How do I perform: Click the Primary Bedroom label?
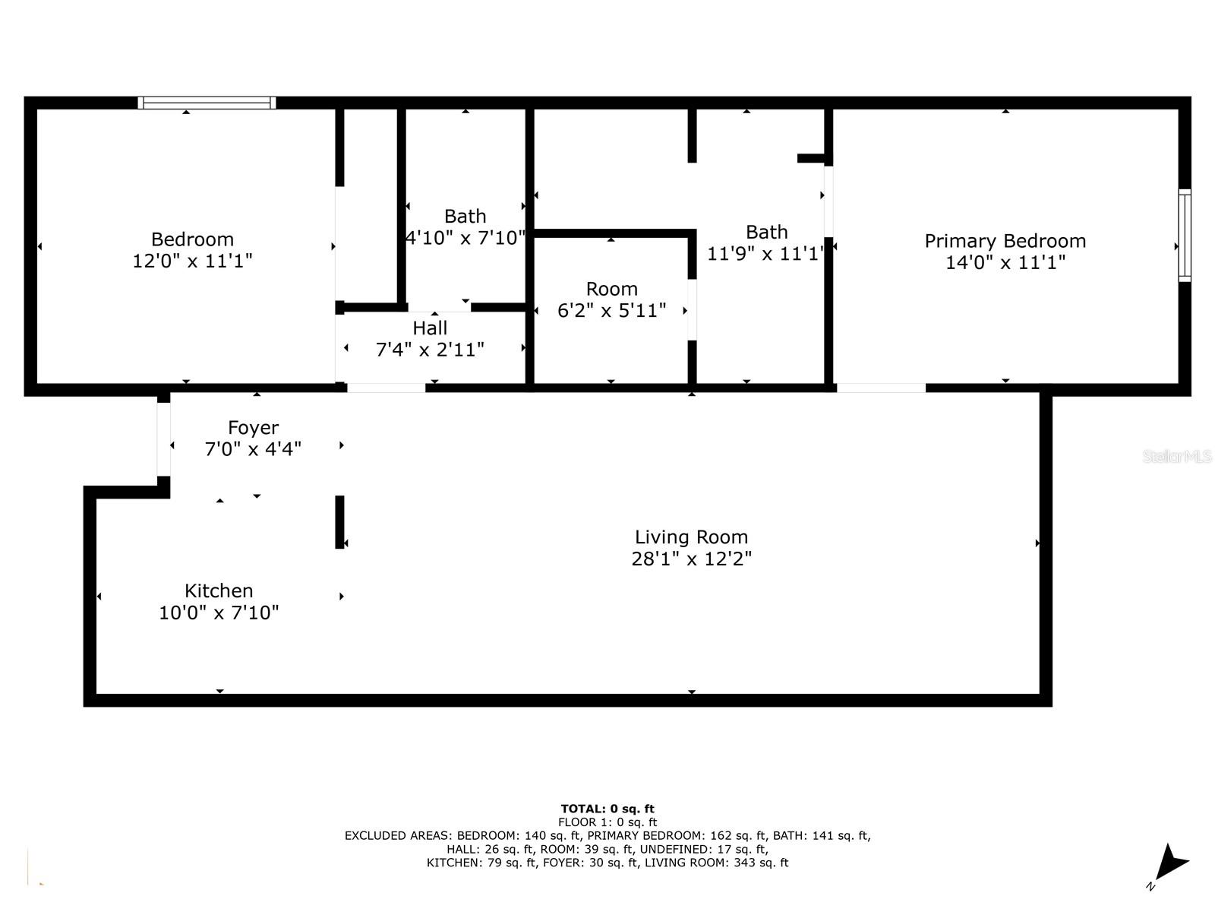1005,242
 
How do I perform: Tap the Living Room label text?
691,537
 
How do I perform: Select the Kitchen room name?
219,591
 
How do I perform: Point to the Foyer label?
253,428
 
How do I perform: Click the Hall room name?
430,328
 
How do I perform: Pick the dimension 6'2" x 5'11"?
611,311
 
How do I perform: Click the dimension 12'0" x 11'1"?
192,261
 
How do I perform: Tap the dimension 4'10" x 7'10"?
465,238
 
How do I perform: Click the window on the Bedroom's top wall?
207,103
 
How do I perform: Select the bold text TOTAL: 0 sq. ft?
607,809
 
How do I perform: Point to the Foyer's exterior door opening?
163,439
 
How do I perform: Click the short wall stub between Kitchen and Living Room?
340,521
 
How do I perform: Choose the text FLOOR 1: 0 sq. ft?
607,822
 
